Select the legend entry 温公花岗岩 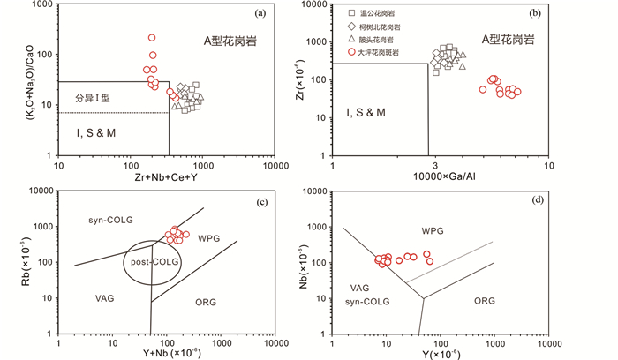(x=377, y=14)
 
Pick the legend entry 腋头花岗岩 (x=377, y=40)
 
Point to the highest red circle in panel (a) (x=152, y=38)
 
